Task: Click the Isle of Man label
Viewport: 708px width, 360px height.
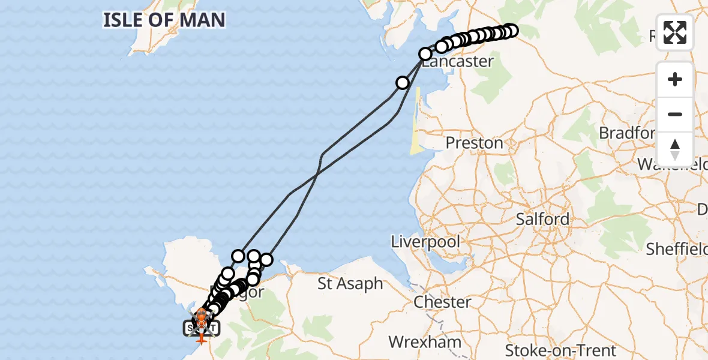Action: click(164, 20)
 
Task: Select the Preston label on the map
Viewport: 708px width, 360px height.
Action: click(474, 143)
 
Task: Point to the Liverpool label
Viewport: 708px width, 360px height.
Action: click(425, 242)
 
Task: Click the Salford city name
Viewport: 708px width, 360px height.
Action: click(542, 219)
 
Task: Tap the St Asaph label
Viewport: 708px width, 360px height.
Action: click(350, 283)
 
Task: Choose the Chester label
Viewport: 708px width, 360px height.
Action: click(442, 301)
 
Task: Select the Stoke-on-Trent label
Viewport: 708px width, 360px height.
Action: click(560, 350)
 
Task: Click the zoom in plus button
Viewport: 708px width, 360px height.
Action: click(675, 79)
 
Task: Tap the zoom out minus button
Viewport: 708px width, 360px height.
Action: click(675, 114)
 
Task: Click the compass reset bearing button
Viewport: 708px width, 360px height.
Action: click(675, 149)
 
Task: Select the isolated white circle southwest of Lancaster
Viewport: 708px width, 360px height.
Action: click(403, 83)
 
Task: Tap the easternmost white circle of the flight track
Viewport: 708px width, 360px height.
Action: click(511, 30)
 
